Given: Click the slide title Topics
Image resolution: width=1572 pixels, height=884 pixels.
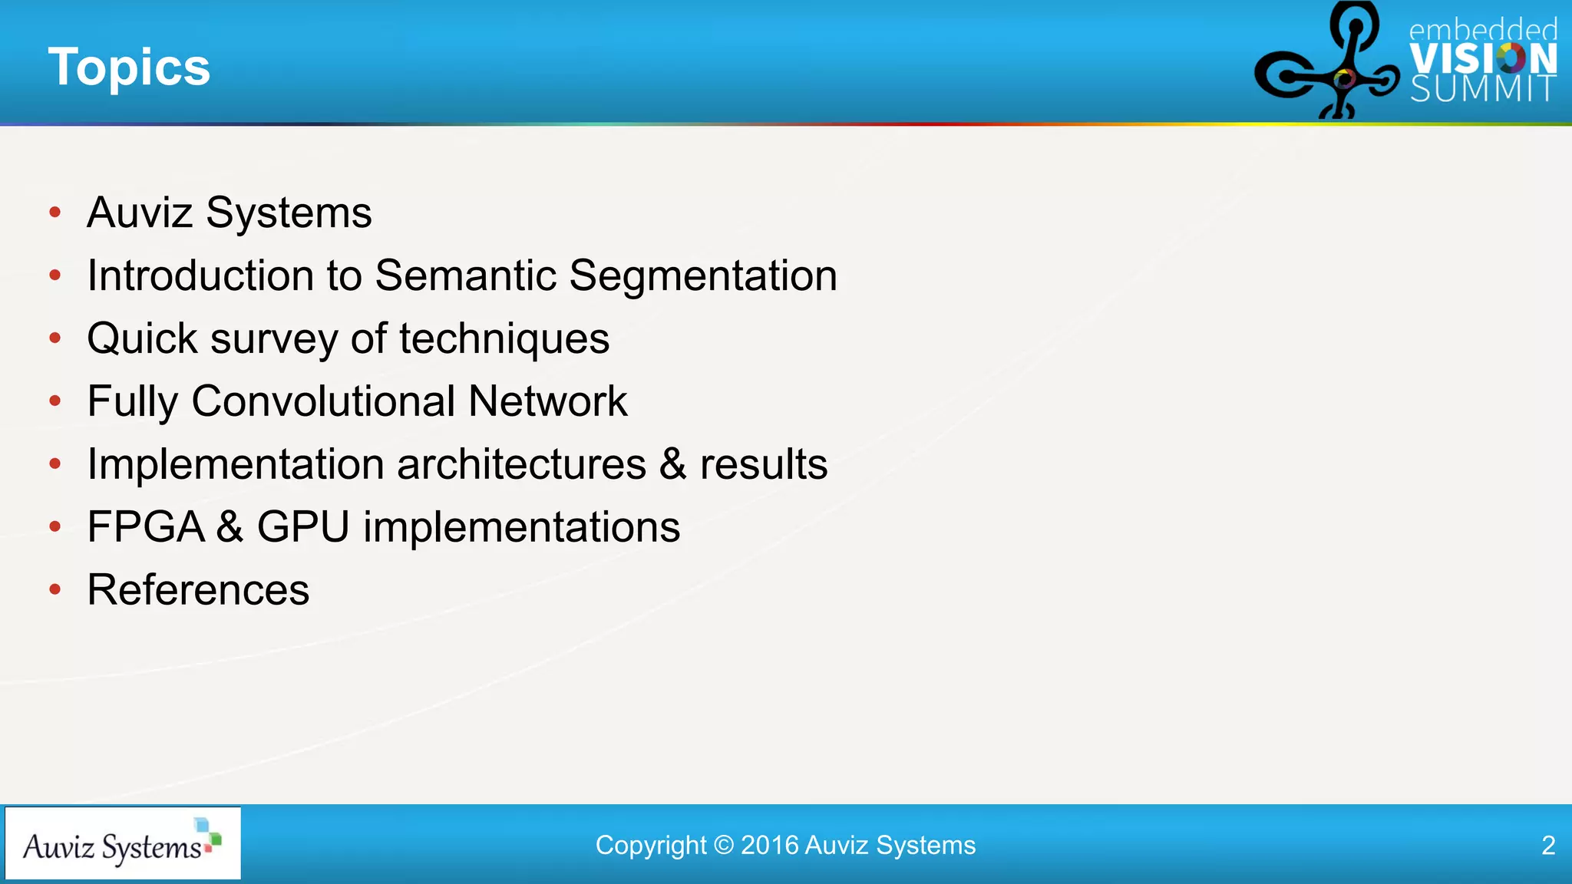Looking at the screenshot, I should [129, 68].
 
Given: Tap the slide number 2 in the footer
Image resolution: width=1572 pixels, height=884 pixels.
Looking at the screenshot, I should [1548, 845].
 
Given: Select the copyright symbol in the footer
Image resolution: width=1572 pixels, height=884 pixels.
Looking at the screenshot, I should [723, 845].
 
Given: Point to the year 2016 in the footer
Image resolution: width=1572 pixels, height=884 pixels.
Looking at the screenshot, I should [770, 845].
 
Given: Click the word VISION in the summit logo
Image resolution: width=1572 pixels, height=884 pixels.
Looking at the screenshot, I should [1483, 59].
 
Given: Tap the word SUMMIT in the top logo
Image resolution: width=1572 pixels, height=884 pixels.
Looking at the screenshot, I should [1483, 89].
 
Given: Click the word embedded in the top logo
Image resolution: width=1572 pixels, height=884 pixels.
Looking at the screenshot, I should [1483, 30].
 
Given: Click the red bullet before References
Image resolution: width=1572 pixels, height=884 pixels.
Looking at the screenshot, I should [54, 589].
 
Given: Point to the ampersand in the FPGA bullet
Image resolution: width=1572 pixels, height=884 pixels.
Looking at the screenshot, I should [230, 527].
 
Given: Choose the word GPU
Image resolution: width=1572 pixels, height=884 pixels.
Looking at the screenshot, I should [303, 527].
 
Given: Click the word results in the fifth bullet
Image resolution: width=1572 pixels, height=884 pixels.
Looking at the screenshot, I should [763, 464].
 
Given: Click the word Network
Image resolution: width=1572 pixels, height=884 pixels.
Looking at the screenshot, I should [547, 401].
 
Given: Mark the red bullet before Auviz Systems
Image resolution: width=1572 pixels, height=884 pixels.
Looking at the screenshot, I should [54, 213].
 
